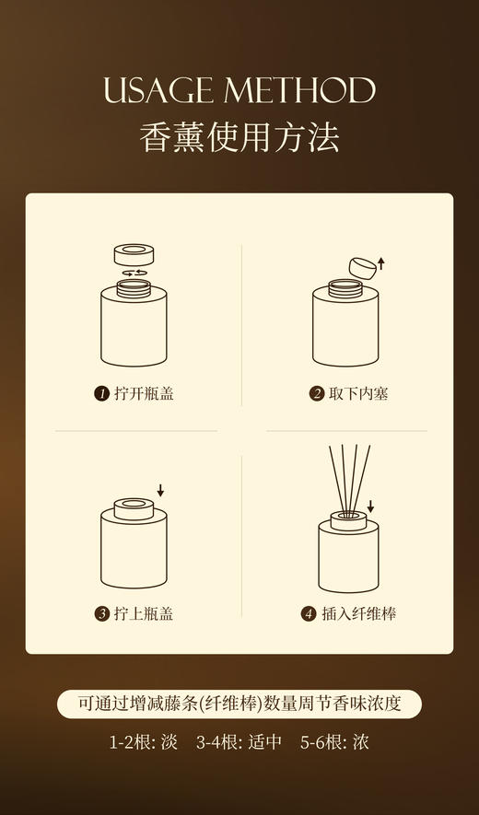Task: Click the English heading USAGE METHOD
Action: pyautogui.click(x=239, y=91)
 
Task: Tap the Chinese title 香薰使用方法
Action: pyautogui.click(x=239, y=136)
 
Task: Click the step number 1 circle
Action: pyautogui.click(x=101, y=394)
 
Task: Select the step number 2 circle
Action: pyautogui.click(x=317, y=394)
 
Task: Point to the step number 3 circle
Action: pyautogui.click(x=101, y=613)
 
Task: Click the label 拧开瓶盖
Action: pyautogui.click(x=144, y=394)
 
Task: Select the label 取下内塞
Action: pyautogui.click(x=358, y=394)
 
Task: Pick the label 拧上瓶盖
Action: pyautogui.click(x=144, y=613)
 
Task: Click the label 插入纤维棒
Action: pyautogui.click(x=358, y=613)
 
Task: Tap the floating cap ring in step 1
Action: pyautogui.click(x=134, y=255)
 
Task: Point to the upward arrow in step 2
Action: pyautogui.click(x=380, y=263)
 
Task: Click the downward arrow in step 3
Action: pyautogui.click(x=159, y=489)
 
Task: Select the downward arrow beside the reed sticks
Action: pyautogui.click(x=371, y=506)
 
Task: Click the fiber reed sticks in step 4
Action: pyautogui.click(x=348, y=479)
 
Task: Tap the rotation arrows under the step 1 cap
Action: pyautogui.click(x=134, y=274)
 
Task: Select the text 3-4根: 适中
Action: pyautogui.click(x=239, y=741)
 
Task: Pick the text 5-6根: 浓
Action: pyautogui.click(x=334, y=741)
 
